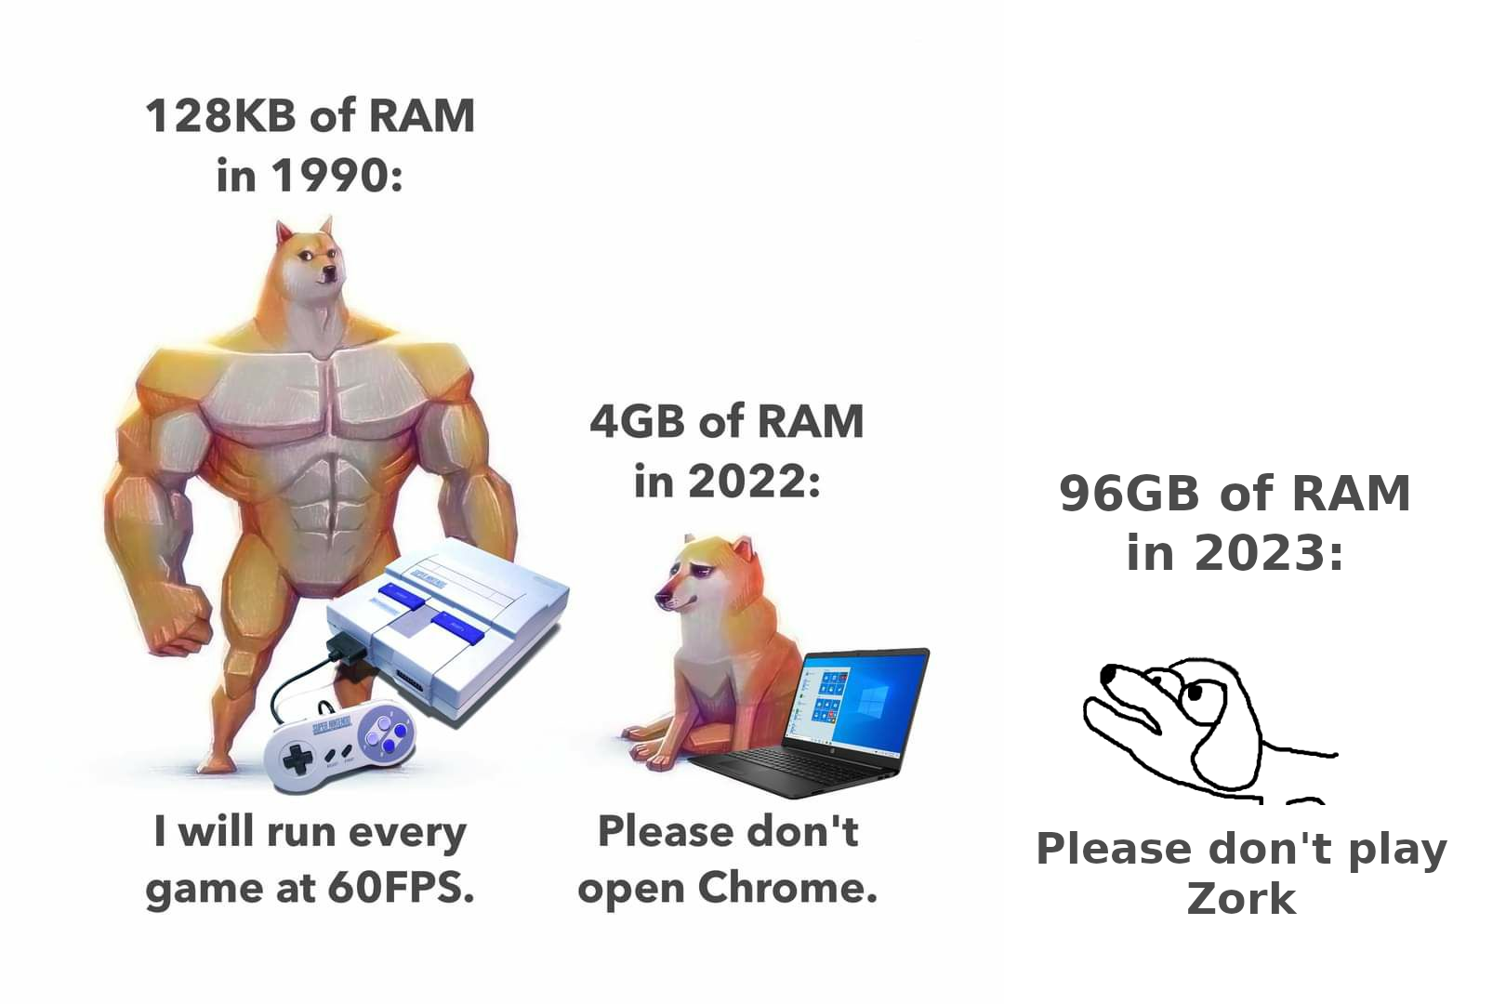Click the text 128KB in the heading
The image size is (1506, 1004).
220,115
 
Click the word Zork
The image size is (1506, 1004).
1241,899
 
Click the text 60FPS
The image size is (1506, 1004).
401,888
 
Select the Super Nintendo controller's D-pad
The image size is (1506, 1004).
297,758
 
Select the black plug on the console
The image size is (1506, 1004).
347,653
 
